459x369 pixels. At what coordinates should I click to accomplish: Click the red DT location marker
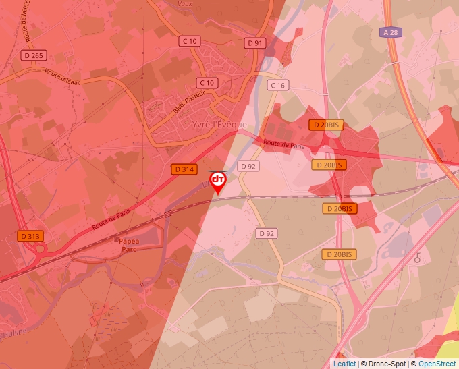(218, 181)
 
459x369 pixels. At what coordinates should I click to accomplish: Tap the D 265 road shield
(33, 55)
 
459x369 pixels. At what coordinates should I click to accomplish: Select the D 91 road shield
(254, 42)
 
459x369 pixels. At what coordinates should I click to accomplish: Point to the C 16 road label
(277, 85)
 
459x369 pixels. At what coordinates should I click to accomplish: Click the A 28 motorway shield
(389, 32)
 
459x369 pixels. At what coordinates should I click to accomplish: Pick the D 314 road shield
(184, 169)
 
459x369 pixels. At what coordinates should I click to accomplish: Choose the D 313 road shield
(30, 236)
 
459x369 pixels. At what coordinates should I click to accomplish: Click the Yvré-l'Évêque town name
(220, 125)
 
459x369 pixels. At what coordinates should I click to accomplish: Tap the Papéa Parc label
(128, 244)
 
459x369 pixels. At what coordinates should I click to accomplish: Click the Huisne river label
(13, 333)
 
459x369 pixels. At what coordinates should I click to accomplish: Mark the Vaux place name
(185, 3)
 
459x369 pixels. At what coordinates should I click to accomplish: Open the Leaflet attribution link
(344, 364)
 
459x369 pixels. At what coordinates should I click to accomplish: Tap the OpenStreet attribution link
(437, 364)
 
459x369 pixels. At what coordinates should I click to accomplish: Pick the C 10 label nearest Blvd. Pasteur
(207, 82)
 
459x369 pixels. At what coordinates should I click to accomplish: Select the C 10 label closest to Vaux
(190, 41)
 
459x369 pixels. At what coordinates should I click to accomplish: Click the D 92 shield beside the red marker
(248, 166)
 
